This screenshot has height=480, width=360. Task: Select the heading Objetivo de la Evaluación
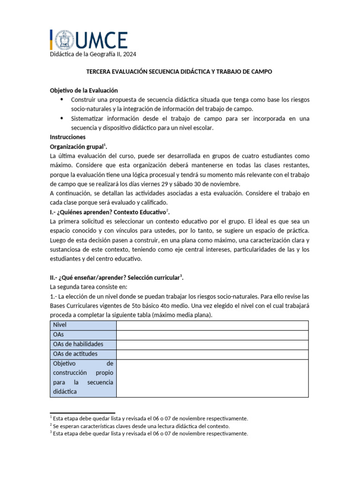coord(83,90)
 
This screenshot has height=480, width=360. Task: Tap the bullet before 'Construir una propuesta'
coord(62,100)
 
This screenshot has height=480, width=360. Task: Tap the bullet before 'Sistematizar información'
coord(62,119)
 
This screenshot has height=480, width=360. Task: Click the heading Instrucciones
coord(67,137)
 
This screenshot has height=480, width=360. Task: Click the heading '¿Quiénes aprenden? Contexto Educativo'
coord(108,212)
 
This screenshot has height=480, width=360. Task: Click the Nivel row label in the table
coord(60,325)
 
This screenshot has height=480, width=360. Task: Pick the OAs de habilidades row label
coord(78,345)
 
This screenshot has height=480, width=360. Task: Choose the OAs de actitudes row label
coord(75,354)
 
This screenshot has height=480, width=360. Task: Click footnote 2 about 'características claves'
coord(141,426)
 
